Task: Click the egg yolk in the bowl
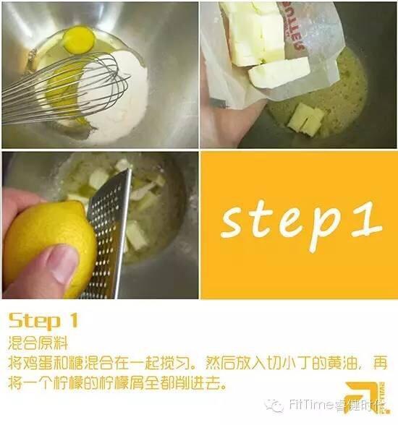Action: click(79, 40)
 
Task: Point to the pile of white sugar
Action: click(119, 98)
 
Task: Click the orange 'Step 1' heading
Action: click(43, 320)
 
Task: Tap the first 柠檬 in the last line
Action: click(68, 383)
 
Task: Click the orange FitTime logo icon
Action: click(365, 398)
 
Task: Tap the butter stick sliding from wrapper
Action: click(279, 72)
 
